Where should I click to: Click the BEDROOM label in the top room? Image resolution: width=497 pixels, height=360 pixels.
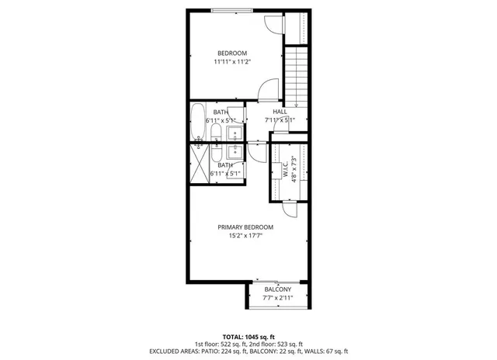click(232, 53)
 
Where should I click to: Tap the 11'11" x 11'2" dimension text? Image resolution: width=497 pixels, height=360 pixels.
click(232, 61)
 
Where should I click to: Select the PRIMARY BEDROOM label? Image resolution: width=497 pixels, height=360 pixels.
click(245, 227)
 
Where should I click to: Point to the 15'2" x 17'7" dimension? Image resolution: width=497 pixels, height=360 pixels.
click(245, 236)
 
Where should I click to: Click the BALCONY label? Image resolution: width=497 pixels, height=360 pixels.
click(277, 289)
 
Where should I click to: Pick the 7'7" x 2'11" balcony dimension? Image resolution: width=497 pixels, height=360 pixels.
click(277, 297)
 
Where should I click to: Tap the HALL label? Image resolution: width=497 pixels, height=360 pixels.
click(280, 112)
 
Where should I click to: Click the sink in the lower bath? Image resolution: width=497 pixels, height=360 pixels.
click(235, 152)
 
